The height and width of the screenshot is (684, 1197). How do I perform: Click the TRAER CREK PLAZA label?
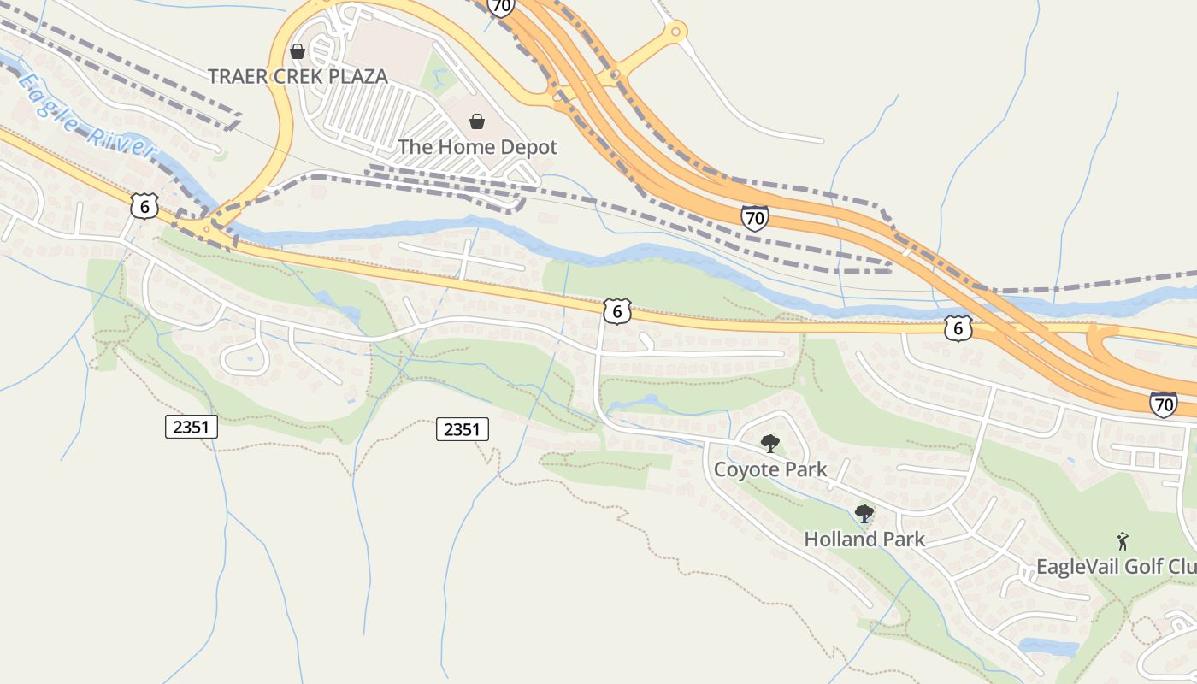pos(298,76)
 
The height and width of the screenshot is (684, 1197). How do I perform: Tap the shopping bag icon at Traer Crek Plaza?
pos(298,51)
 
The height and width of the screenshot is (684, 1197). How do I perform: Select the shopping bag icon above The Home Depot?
pos(477,122)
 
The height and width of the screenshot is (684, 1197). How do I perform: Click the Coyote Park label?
pos(770,469)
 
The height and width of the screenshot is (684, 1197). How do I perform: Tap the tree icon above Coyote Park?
pos(770,443)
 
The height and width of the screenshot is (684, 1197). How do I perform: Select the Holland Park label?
pos(864,540)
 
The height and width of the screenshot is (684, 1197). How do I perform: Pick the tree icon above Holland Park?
pos(864,514)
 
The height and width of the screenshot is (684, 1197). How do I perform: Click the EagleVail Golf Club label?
pos(1116,567)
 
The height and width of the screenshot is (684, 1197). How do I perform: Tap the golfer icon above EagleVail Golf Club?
pos(1123,541)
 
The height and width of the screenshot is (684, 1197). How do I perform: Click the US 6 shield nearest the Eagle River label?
pos(144,205)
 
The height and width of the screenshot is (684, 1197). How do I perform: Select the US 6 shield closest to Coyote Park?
pos(616,311)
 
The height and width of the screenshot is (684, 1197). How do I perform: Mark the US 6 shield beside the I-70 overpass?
pos(958,327)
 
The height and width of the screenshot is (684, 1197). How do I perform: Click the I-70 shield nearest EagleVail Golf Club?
pos(1163,404)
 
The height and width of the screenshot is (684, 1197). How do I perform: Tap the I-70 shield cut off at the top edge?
pos(501,7)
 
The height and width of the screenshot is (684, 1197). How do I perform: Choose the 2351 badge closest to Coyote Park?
pos(463,429)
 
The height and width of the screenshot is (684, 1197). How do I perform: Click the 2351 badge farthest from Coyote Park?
pos(191,427)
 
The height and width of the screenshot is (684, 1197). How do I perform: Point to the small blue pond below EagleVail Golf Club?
pos(1047,647)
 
